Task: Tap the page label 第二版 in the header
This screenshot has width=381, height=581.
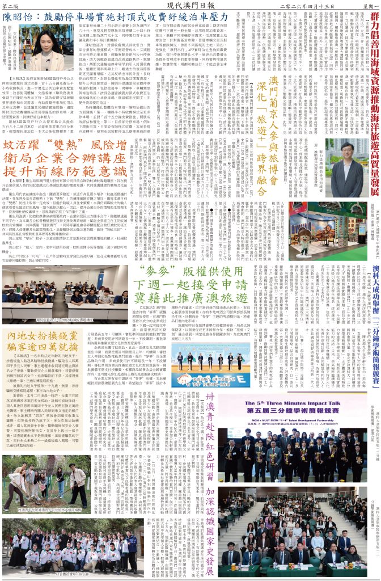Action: (x=10, y=5)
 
